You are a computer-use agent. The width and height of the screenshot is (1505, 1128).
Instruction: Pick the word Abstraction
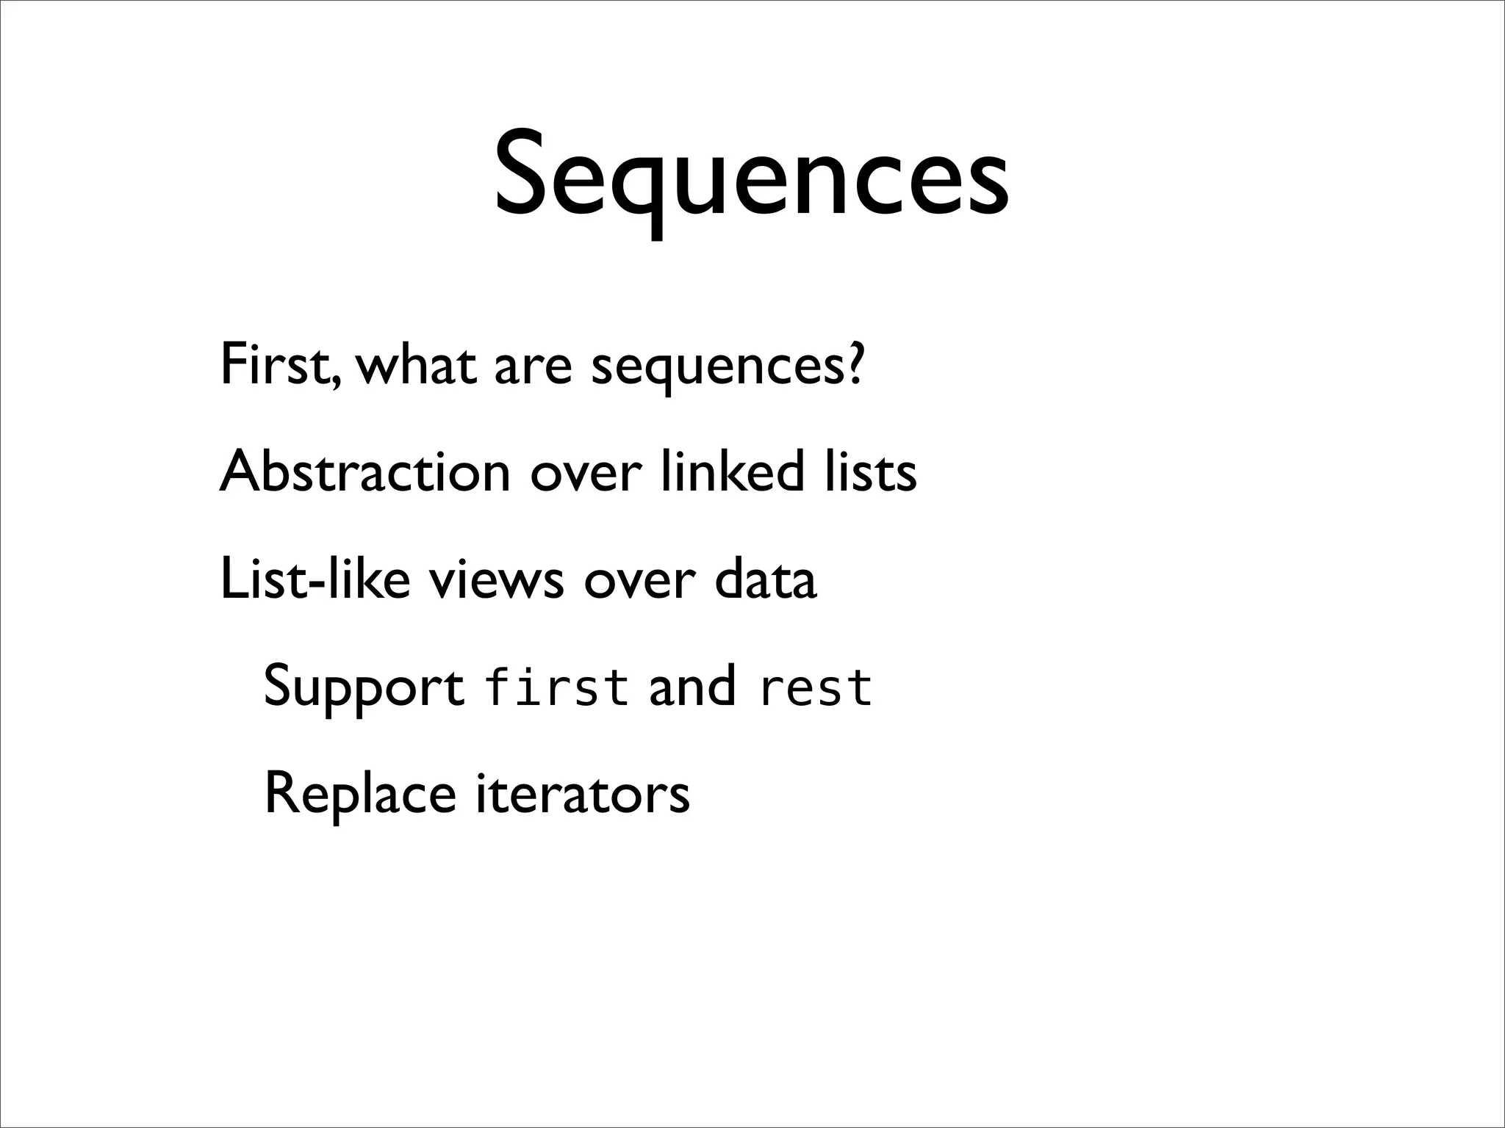coord(364,471)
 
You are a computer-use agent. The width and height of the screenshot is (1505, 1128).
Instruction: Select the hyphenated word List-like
coord(315,579)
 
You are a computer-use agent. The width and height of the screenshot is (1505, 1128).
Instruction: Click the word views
coord(497,579)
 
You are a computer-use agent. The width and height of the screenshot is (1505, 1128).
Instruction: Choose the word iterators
coord(583,795)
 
